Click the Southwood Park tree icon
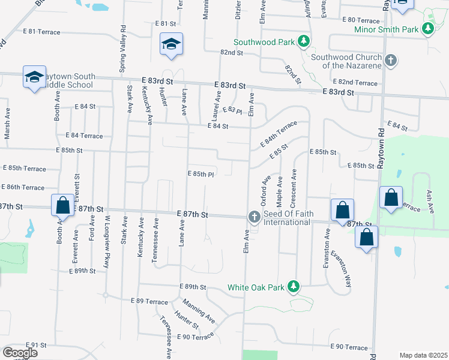[x=304, y=42]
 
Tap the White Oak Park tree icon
[x=294, y=287]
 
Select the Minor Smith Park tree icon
[x=427, y=29]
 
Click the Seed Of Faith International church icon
[x=255, y=217]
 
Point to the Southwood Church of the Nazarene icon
[x=391, y=60]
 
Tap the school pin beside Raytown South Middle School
[x=34, y=77]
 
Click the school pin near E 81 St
[x=171, y=44]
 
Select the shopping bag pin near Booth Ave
[x=63, y=205]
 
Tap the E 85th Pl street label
[x=202, y=175]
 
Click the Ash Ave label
[x=429, y=202]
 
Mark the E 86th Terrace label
[x=23, y=188]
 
